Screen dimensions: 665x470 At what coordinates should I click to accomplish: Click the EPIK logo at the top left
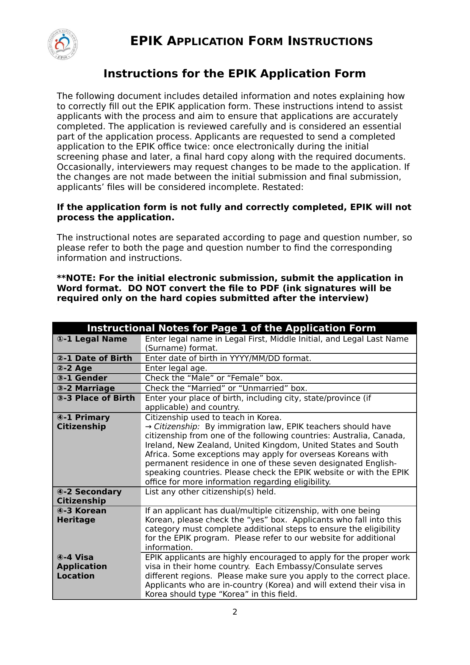[x=63, y=45]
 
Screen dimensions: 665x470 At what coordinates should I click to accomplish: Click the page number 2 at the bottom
[x=235, y=612]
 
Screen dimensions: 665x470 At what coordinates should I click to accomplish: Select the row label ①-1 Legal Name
[x=92, y=339]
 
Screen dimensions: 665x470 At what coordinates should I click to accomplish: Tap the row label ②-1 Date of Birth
[x=94, y=358]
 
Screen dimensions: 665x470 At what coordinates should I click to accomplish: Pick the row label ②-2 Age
[x=74, y=368]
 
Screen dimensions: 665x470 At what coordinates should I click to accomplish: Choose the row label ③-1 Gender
[x=82, y=378]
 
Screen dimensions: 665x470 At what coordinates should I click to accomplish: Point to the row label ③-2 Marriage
[x=86, y=388]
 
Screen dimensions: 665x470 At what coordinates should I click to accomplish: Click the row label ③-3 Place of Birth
[x=96, y=398]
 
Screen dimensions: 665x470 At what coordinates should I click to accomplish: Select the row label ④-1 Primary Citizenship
[x=83, y=422]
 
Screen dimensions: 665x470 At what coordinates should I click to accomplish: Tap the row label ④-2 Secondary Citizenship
[x=89, y=496]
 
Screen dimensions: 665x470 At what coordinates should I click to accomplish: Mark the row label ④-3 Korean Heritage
[x=81, y=515]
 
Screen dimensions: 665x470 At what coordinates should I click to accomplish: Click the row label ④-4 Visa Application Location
[x=82, y=566]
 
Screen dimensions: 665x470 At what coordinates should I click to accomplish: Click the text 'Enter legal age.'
[x=176, y=368]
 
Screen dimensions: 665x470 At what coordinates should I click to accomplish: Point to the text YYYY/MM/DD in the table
[x=250, y=358]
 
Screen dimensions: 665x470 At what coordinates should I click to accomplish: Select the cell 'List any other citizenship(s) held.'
[x=211, y=492]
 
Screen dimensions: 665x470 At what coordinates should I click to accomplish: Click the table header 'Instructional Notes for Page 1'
[x=231, y=328]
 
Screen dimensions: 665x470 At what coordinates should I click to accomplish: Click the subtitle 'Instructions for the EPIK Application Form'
[x=234, y=74]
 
